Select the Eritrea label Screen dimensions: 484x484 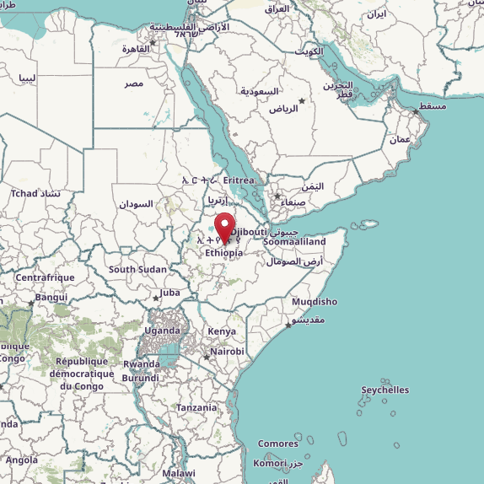click(x=239, y=180)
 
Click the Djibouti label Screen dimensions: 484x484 click(x=250, y=231)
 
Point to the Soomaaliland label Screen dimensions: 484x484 click(x=293, y=242)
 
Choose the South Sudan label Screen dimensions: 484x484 click(x=137, y=270)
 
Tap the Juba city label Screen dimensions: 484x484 click(x=170, y=293)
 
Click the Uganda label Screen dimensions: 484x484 click(x=163, y=331)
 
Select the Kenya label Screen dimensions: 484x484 click(x=222, y=331)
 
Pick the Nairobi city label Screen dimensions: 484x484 click(x=227, y=352)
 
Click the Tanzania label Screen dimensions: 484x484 click(x=196, y=407)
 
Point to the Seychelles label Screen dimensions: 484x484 click(x=385, y=390)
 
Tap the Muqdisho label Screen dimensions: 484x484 click(x=314, y=302)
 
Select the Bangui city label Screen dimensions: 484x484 click(x=51, y=297)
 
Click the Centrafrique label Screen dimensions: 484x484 click(x=46, y=277)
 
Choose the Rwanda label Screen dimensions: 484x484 click(x=141, y=364)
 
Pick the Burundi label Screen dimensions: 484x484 click(x=140, y=378)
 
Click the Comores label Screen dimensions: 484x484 click(x=277, y=444)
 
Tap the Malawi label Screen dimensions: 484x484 click(x=179, y=474)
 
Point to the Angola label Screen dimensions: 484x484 click(x=21, y=460)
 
